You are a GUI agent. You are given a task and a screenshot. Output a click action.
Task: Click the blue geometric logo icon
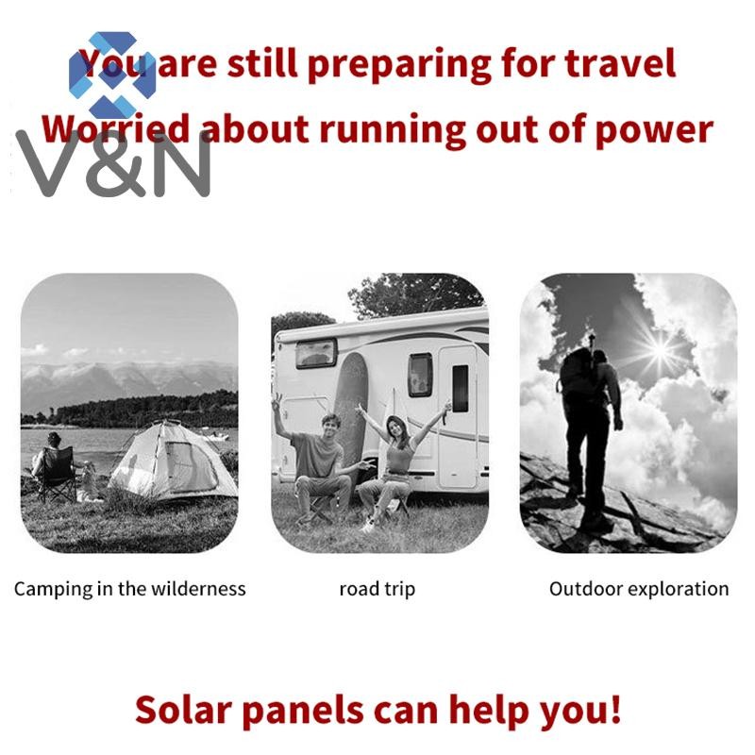(x=112, y=75)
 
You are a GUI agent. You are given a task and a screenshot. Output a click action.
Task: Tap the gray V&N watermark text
(x=113, y=164)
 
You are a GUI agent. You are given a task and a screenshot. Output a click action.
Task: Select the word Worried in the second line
(x=115, y=129)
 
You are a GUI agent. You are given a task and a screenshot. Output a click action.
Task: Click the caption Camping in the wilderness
(x=130, y=589)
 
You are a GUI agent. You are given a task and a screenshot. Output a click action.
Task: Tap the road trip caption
(x=377, y=589)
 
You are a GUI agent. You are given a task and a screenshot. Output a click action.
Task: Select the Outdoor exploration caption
(x=639, y=589)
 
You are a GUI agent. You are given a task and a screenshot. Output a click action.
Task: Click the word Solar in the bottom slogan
(x=184, y=710)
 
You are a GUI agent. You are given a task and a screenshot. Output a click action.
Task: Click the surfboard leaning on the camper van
(x=350, y=410)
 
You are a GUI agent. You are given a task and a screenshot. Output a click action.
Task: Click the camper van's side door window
(x=461, y=388)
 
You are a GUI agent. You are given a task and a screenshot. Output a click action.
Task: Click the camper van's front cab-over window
(x=316, y=353)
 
